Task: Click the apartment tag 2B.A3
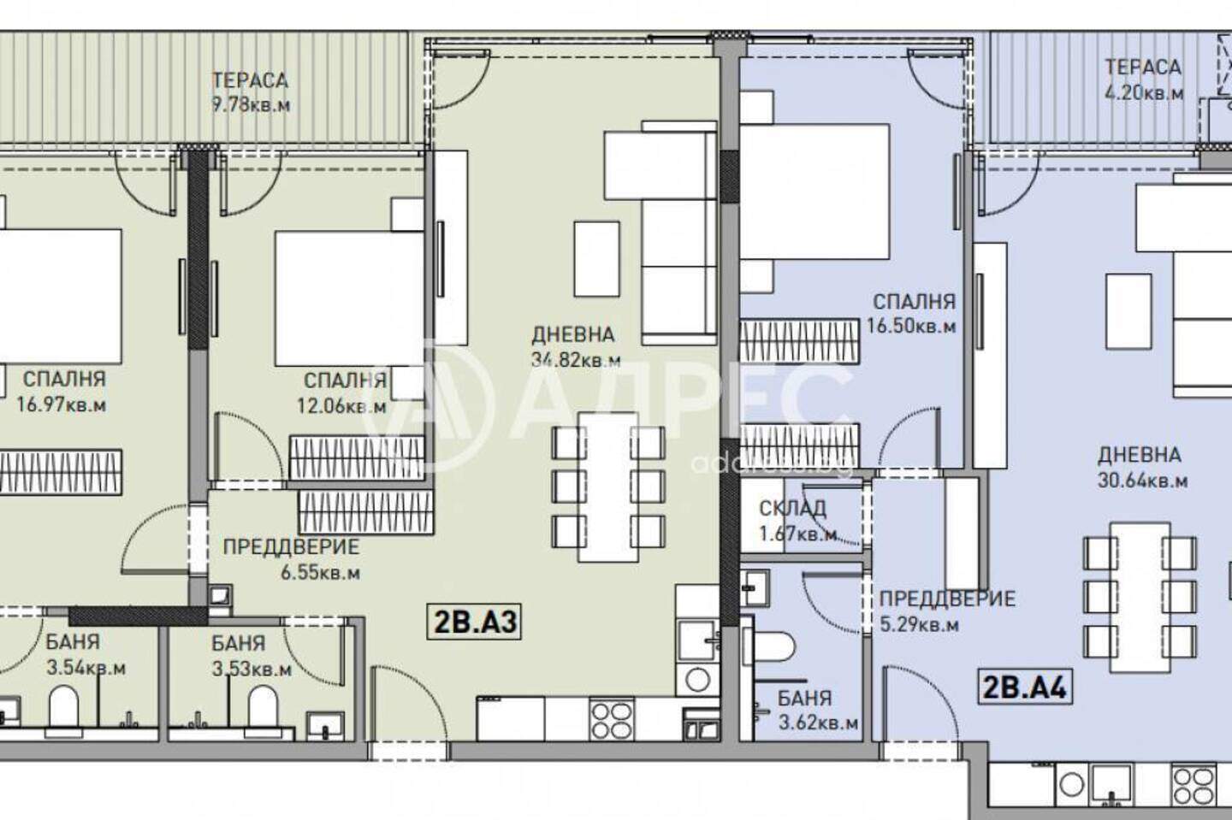474,622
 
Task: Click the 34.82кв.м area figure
576,360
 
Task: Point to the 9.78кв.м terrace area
251,103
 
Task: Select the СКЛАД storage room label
792,509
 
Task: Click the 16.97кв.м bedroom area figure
61,405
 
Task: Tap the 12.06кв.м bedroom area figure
341,406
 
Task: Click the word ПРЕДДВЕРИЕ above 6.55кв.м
291,547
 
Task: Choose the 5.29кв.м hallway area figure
920,624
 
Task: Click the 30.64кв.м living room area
1142,481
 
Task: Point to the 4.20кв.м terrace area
1145,92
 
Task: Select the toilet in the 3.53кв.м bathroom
263,709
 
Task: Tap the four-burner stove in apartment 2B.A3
611,719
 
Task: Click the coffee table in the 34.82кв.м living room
597,259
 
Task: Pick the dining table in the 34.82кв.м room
607,487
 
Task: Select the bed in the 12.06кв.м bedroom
350,298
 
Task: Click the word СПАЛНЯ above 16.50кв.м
915,301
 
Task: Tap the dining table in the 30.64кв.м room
1140,598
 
